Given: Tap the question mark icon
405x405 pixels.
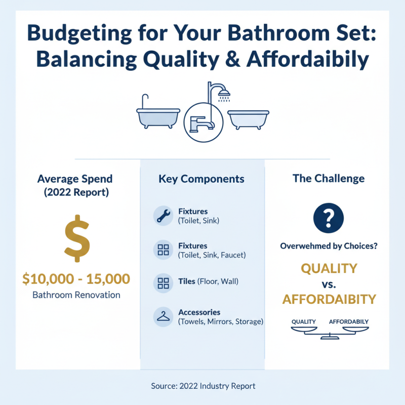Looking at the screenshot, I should coord(329,218).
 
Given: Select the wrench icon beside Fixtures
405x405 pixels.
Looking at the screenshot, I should coord(163,216).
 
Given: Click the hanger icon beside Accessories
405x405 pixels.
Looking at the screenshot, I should coord(163,317).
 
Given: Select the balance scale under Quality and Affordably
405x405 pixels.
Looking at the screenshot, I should coord(330,332).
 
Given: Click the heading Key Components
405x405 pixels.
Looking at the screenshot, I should coord(201,179).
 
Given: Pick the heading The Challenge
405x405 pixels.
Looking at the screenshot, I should coord(329,178).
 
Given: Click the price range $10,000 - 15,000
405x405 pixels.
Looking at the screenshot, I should coord(76,278).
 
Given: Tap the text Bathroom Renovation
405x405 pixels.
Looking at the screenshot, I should coord(76,295).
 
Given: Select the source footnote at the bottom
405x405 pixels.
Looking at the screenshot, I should coord(203,386).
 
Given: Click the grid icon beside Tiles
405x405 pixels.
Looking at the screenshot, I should coord(163,282).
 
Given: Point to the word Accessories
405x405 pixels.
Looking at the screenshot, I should coord(199,312).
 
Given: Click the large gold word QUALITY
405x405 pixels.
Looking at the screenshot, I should coord(329,268).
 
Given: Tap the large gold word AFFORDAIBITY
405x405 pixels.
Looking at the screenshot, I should coord(329,299).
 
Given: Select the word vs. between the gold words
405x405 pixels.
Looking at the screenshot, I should coord(329,283).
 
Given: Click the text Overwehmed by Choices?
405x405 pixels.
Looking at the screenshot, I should coord(329,247).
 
